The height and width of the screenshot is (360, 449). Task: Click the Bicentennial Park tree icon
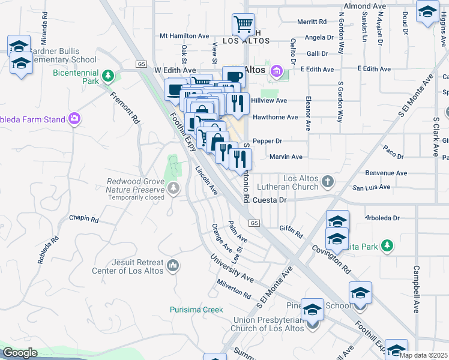[108, 76]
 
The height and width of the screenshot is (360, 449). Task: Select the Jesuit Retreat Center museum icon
[173, 265]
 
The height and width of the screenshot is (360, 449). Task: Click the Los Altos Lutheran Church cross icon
[327, 181]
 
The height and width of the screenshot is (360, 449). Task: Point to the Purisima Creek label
[195, 310]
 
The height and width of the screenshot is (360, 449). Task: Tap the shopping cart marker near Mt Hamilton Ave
[244, 25]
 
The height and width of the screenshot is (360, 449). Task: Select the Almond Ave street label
[364, 6]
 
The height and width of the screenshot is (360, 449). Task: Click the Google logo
[20, 353]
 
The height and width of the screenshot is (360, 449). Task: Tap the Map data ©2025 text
[423, 355]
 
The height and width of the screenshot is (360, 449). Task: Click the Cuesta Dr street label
[270, 200]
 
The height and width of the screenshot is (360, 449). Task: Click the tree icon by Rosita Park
[387, 245]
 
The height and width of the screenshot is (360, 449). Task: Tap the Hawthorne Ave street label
[275, 117]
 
